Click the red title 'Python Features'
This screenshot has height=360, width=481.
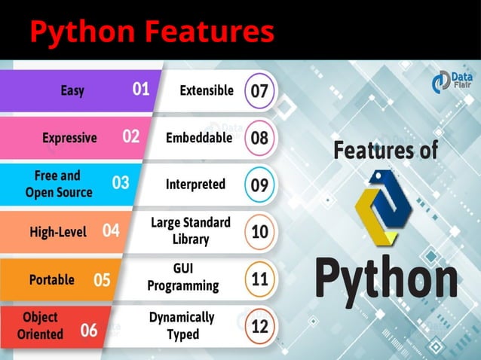click(x=152, y=32)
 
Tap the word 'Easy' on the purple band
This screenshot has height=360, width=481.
click(x=72, y=90)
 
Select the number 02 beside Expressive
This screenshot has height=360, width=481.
click(x=131, y=136)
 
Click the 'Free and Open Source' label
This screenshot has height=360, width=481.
click(x=59, y=184)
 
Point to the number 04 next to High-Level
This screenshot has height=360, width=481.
click(x=111, y=231)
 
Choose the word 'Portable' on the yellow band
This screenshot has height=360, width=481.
click(x=51, y=279)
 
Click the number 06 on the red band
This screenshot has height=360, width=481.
click(x=89, y=329)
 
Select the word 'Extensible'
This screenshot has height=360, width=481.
click(x=207, y=90)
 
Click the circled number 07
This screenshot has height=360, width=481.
click(x=259, y=91)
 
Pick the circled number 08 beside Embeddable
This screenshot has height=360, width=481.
click(x=259, y=138)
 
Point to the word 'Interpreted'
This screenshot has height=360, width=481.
click(x=195, y=184)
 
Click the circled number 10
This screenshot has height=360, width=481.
click(x=259, y=231)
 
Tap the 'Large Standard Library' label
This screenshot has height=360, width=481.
click(x=190, y=230)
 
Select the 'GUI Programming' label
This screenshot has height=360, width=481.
click(x=183, y=277)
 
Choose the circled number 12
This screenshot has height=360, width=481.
click(x=259, y=326)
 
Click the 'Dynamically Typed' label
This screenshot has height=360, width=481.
click(x=182, y=325)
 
